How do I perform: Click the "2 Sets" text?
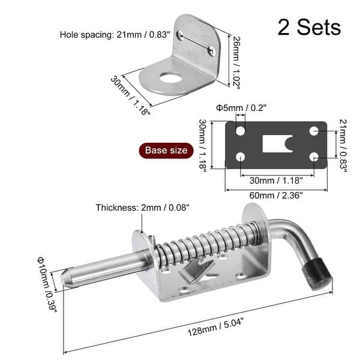[309, 26]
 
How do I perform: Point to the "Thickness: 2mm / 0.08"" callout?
[142, 208]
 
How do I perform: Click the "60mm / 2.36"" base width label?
[276, 195]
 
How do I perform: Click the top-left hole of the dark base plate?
[240, 130]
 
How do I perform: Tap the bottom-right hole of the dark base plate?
[314, 157]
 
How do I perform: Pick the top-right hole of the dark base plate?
[314, 130]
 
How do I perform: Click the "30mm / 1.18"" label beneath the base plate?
[277, 179]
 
